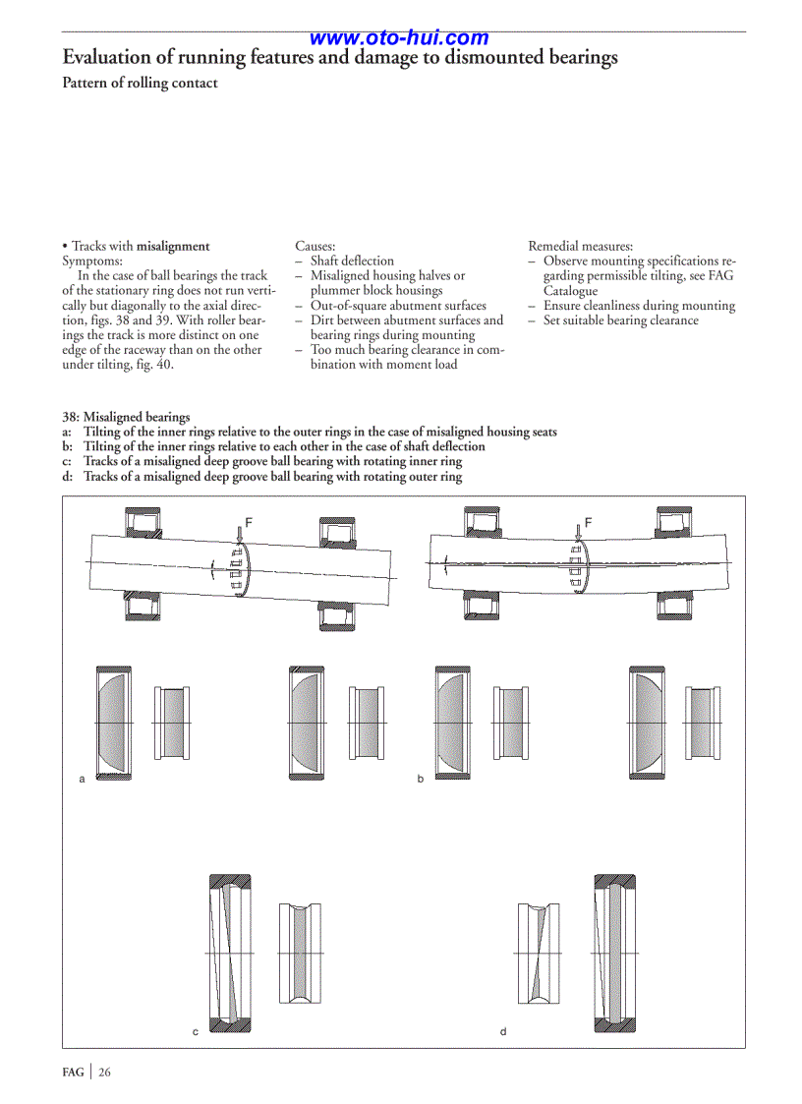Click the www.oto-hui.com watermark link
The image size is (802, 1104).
[x=399, y=38]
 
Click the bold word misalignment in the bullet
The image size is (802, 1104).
[x=173, y=246]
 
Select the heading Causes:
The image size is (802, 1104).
[x=315, y=246]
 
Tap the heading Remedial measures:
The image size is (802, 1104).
[x=580, y=246]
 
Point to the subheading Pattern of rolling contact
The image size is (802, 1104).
[x=140, y=84]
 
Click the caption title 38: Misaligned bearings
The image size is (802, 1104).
[x=126, y=417]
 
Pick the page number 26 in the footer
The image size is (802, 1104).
[x=103, y=1072]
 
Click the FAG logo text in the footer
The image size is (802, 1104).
[x=74, y=1072]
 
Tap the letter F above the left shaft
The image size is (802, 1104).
[x=249, y=522]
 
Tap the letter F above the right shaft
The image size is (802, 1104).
[x=588, y=522]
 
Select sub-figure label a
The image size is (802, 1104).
[x=83, y=779]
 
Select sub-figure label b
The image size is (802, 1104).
[x=420, y=779]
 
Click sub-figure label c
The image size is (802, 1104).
[x=195, y=1031]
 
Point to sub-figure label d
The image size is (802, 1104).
[x=503, y=1031]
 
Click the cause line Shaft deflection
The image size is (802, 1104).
[x=352, y=261]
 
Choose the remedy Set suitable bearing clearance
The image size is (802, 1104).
[x=620, y=320]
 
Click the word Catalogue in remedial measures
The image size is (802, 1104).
[x=570, y=291]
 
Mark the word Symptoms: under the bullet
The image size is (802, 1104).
[x=92, y=261]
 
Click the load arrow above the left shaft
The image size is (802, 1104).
[x=239, y=532]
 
